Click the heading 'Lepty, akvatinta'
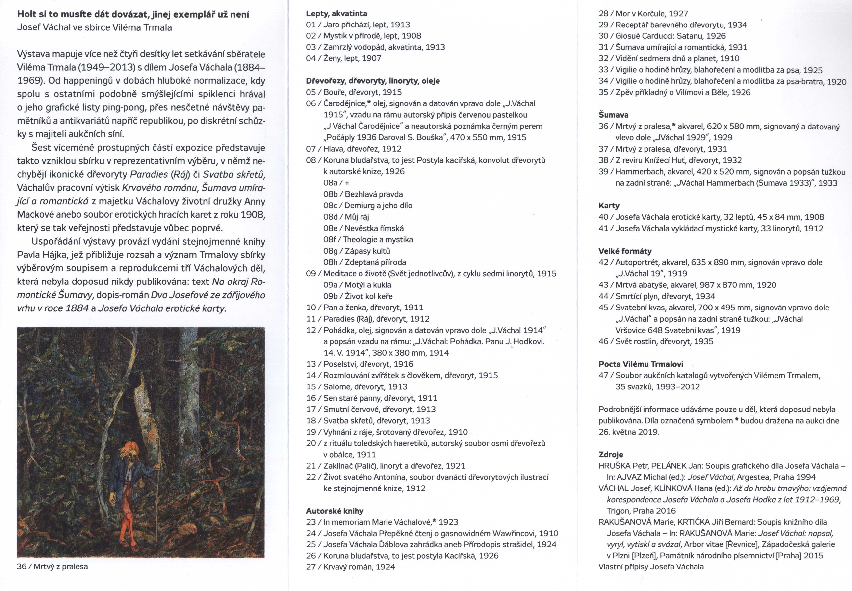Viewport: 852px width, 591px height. click(x=336, y=14)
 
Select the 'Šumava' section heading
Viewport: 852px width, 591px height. click(x=613, y=115)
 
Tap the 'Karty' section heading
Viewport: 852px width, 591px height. click(x=609, y=206)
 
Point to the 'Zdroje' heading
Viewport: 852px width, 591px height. click(x=611, y=454)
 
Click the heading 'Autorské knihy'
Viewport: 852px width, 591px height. click(x=334, y=511)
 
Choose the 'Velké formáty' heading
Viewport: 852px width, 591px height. click(x=625, y=251)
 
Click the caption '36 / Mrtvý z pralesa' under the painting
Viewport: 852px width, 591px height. click(x=52, y=566)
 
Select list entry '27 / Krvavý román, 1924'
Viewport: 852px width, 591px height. click(x=350, y=566)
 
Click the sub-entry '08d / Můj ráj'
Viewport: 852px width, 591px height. click(x=346, y=217)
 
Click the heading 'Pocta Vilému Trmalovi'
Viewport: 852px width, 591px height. click(x=641, y=364)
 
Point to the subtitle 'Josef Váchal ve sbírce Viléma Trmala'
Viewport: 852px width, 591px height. click(x=94, y=27)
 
